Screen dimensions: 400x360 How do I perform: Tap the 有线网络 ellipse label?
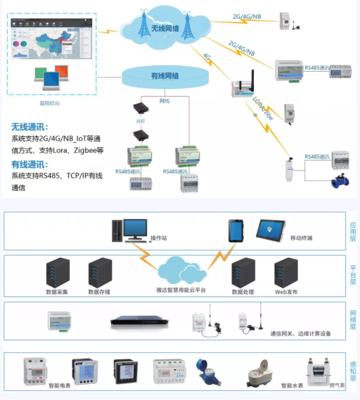tap(165, 76)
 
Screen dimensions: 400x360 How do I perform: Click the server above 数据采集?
tap(57, 273)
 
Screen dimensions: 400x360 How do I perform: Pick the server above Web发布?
tap(286, 273)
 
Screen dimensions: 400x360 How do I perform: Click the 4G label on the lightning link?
tap(207, 57)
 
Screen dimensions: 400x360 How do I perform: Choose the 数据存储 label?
tap(99, 292)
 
